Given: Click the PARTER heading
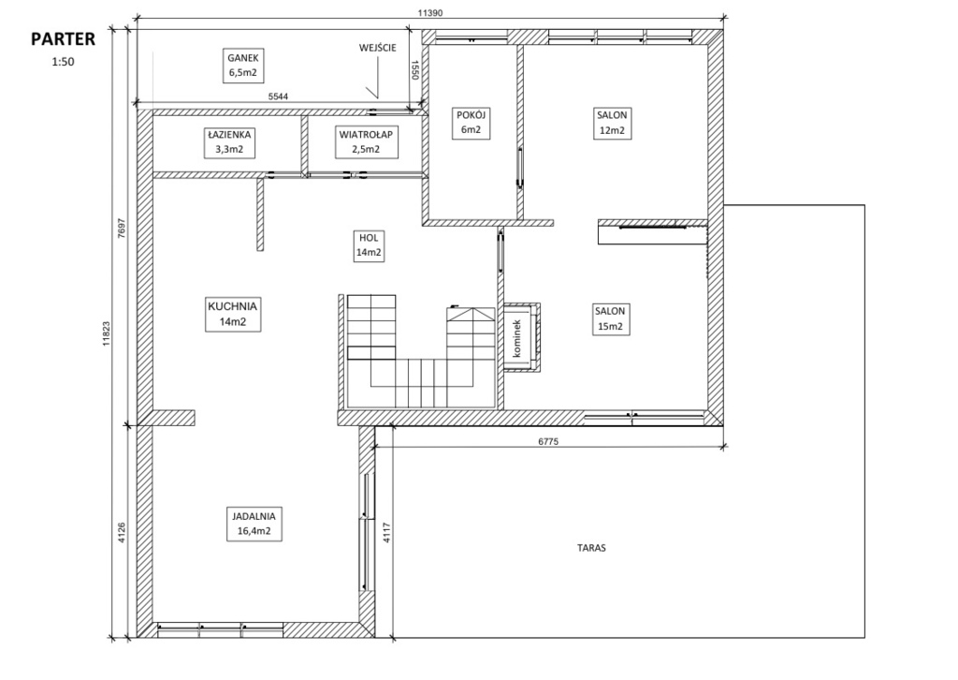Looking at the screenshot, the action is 63,39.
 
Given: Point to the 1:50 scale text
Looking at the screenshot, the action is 63,62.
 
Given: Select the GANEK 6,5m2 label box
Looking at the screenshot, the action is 243,66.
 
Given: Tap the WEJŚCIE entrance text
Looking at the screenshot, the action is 378,48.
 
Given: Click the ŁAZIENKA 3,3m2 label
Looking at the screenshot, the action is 229,141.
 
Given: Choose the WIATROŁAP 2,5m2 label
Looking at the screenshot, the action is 366,141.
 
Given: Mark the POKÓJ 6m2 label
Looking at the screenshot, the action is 472,123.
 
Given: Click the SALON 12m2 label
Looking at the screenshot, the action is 612,123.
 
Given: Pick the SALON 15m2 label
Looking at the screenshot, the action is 610,319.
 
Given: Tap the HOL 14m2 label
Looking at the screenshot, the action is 369,245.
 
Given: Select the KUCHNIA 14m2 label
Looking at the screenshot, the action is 233,315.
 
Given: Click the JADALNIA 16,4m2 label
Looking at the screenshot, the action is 254,524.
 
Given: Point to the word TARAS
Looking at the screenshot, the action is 591,548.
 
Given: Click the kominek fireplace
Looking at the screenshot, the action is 520,337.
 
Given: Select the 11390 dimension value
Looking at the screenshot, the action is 430,12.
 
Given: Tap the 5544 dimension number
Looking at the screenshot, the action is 279,96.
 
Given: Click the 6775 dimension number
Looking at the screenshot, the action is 548,441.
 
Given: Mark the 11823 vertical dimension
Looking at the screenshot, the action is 107,333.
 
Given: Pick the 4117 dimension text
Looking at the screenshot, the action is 386,533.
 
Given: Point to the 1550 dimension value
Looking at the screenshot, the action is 414,69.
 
